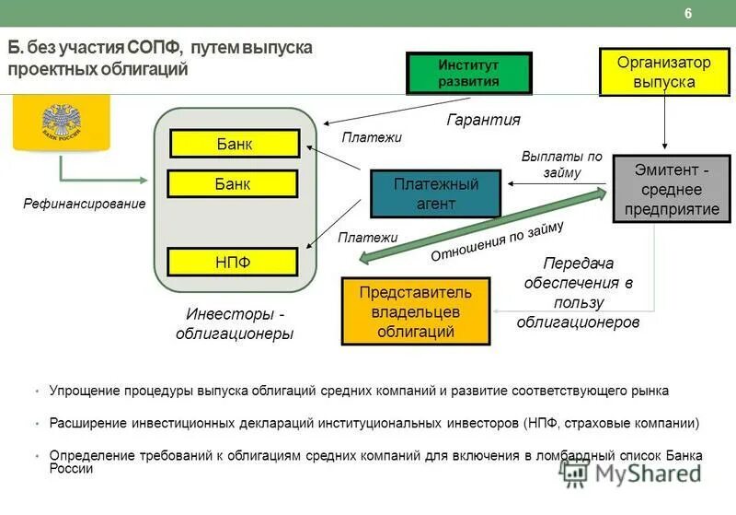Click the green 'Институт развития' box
pos(468,73)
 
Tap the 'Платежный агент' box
pos(436,193)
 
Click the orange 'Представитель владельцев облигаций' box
pos(415,311)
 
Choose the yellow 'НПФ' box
pos(233,263)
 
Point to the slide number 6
pos(688,14)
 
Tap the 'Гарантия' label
pos(483,120)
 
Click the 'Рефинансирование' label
pos(85,204)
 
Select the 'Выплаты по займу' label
pos(561,164)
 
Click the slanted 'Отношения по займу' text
pos(498,242)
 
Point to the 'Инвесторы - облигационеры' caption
pos(235,323)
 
